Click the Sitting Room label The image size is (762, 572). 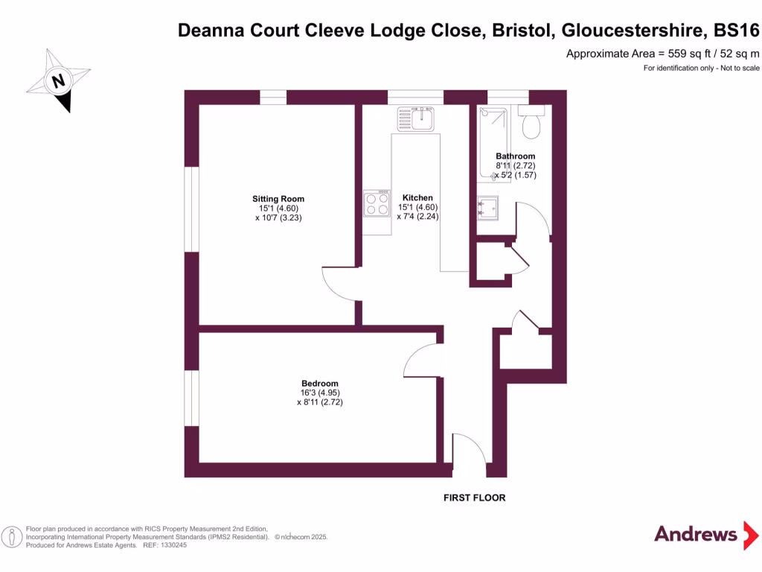[278, 199]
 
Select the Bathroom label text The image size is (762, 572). [516, 156]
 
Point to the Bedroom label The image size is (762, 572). [319, 383]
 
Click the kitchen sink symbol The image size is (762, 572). [415, 118]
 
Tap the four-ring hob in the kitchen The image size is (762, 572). [377, 204]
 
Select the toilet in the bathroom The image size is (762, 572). [531, 123]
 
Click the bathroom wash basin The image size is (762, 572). [487, 209]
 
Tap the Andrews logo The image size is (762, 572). [695, 534]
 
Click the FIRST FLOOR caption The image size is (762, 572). [474, 498]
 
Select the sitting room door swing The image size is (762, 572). [339, 283]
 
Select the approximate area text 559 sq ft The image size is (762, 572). [662, 53]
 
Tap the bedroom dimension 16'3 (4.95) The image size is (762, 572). [319, 393]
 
